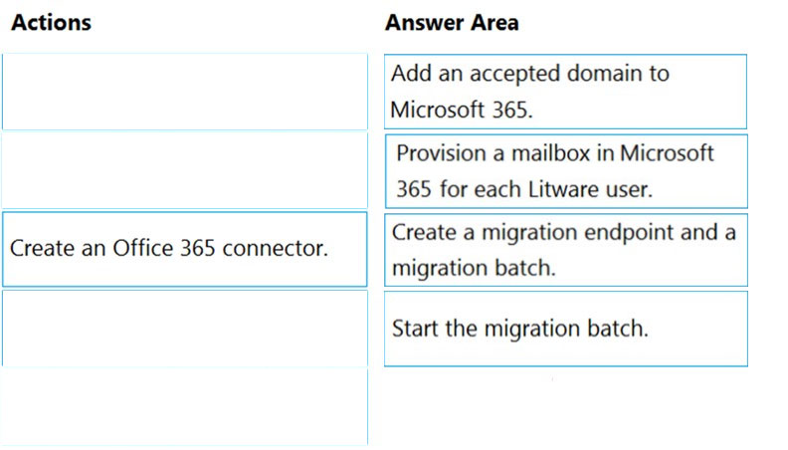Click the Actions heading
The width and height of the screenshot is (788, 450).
click(x=52, y=23)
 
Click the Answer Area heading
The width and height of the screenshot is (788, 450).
click(x=452, y=23)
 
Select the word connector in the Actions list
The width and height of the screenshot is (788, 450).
click(x=275, y=248)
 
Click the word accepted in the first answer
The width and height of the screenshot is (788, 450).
click(x=515, y=75)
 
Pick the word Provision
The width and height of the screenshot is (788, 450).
click(x=441, y=153)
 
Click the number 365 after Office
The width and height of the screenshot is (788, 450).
click(x=198, y=248)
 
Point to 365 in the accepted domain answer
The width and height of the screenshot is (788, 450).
click(x=512, y=110)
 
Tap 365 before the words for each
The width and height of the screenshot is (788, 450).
click(x=414, y=189)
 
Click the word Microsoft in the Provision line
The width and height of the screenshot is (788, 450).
click(x=667, y=153)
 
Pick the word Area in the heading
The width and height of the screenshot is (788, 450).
click(x=494, y=23)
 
